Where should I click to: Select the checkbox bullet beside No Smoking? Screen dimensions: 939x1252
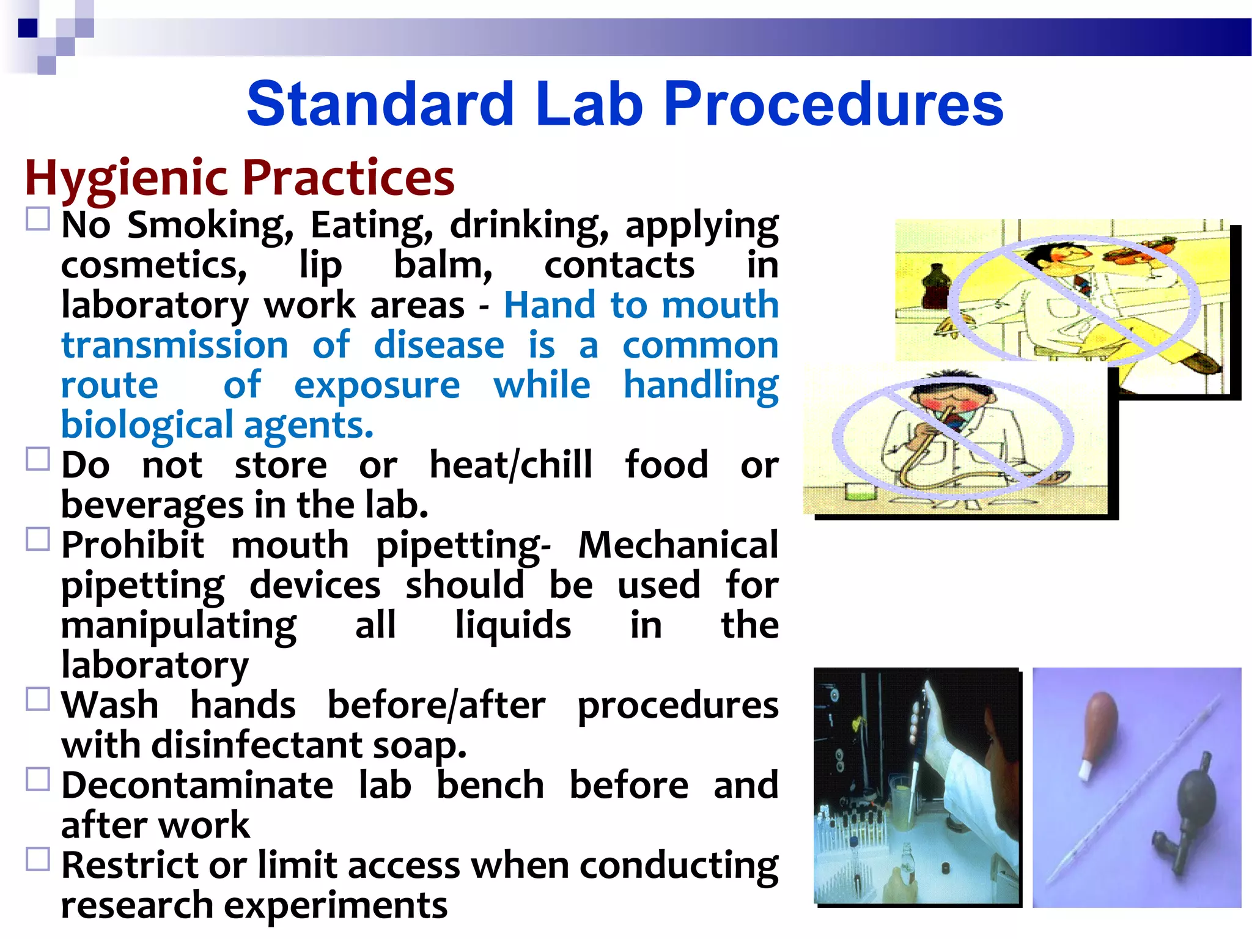(x=38, y=219)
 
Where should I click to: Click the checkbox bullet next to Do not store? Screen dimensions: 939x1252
(x=38, y=458)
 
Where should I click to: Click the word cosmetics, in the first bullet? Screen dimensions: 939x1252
(x=154, y=265)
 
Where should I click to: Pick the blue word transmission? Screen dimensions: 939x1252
(x=175, y=345)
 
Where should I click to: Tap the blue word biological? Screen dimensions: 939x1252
(x=147, y=425)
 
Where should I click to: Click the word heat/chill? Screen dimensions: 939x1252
(x=511, y=465)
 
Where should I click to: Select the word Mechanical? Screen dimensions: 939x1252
(x=678, y=545)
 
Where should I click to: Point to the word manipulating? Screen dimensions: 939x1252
(x=179, y=625)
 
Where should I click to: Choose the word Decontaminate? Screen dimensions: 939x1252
(x=197, y=786)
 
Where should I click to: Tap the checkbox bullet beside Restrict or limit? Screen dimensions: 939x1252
(x=38, y=860)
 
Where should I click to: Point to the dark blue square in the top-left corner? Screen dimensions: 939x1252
(x=28, y=28)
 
